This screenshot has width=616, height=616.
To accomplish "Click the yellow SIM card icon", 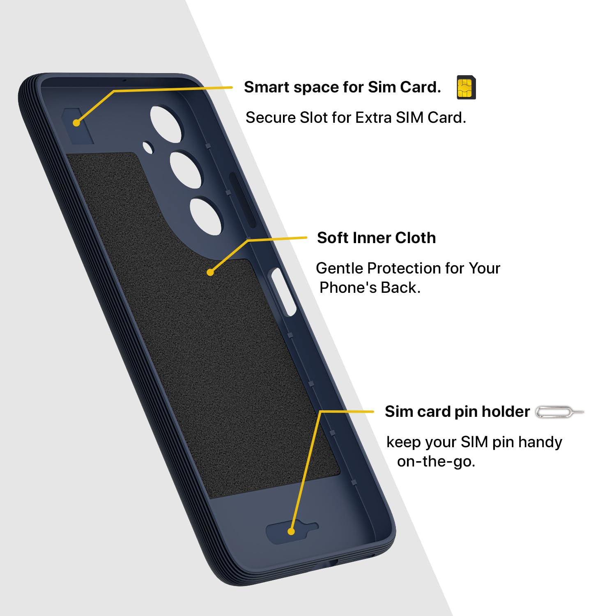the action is pos(466,87).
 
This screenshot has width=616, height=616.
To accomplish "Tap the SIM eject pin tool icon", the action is pos(559,412).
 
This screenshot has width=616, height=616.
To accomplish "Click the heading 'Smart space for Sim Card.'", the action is pos(342,87).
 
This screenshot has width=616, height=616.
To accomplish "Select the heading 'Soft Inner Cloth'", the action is pos(376,238).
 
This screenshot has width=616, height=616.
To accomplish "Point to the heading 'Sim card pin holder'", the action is pos(457,411).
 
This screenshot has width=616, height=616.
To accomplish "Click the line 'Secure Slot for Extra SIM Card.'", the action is pos(356,117).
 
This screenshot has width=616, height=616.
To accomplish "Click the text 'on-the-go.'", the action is pos(436,461).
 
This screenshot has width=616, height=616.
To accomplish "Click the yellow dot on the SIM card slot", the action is pos(76,123).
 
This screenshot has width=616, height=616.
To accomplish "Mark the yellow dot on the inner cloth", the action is pos(210,272).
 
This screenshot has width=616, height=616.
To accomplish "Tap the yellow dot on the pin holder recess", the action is pos(291,531).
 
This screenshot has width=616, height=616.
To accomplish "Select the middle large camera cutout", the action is pos(186,170).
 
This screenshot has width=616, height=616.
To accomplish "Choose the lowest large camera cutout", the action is pos(206,216).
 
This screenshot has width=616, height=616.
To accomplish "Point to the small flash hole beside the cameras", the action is pos(148,147).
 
